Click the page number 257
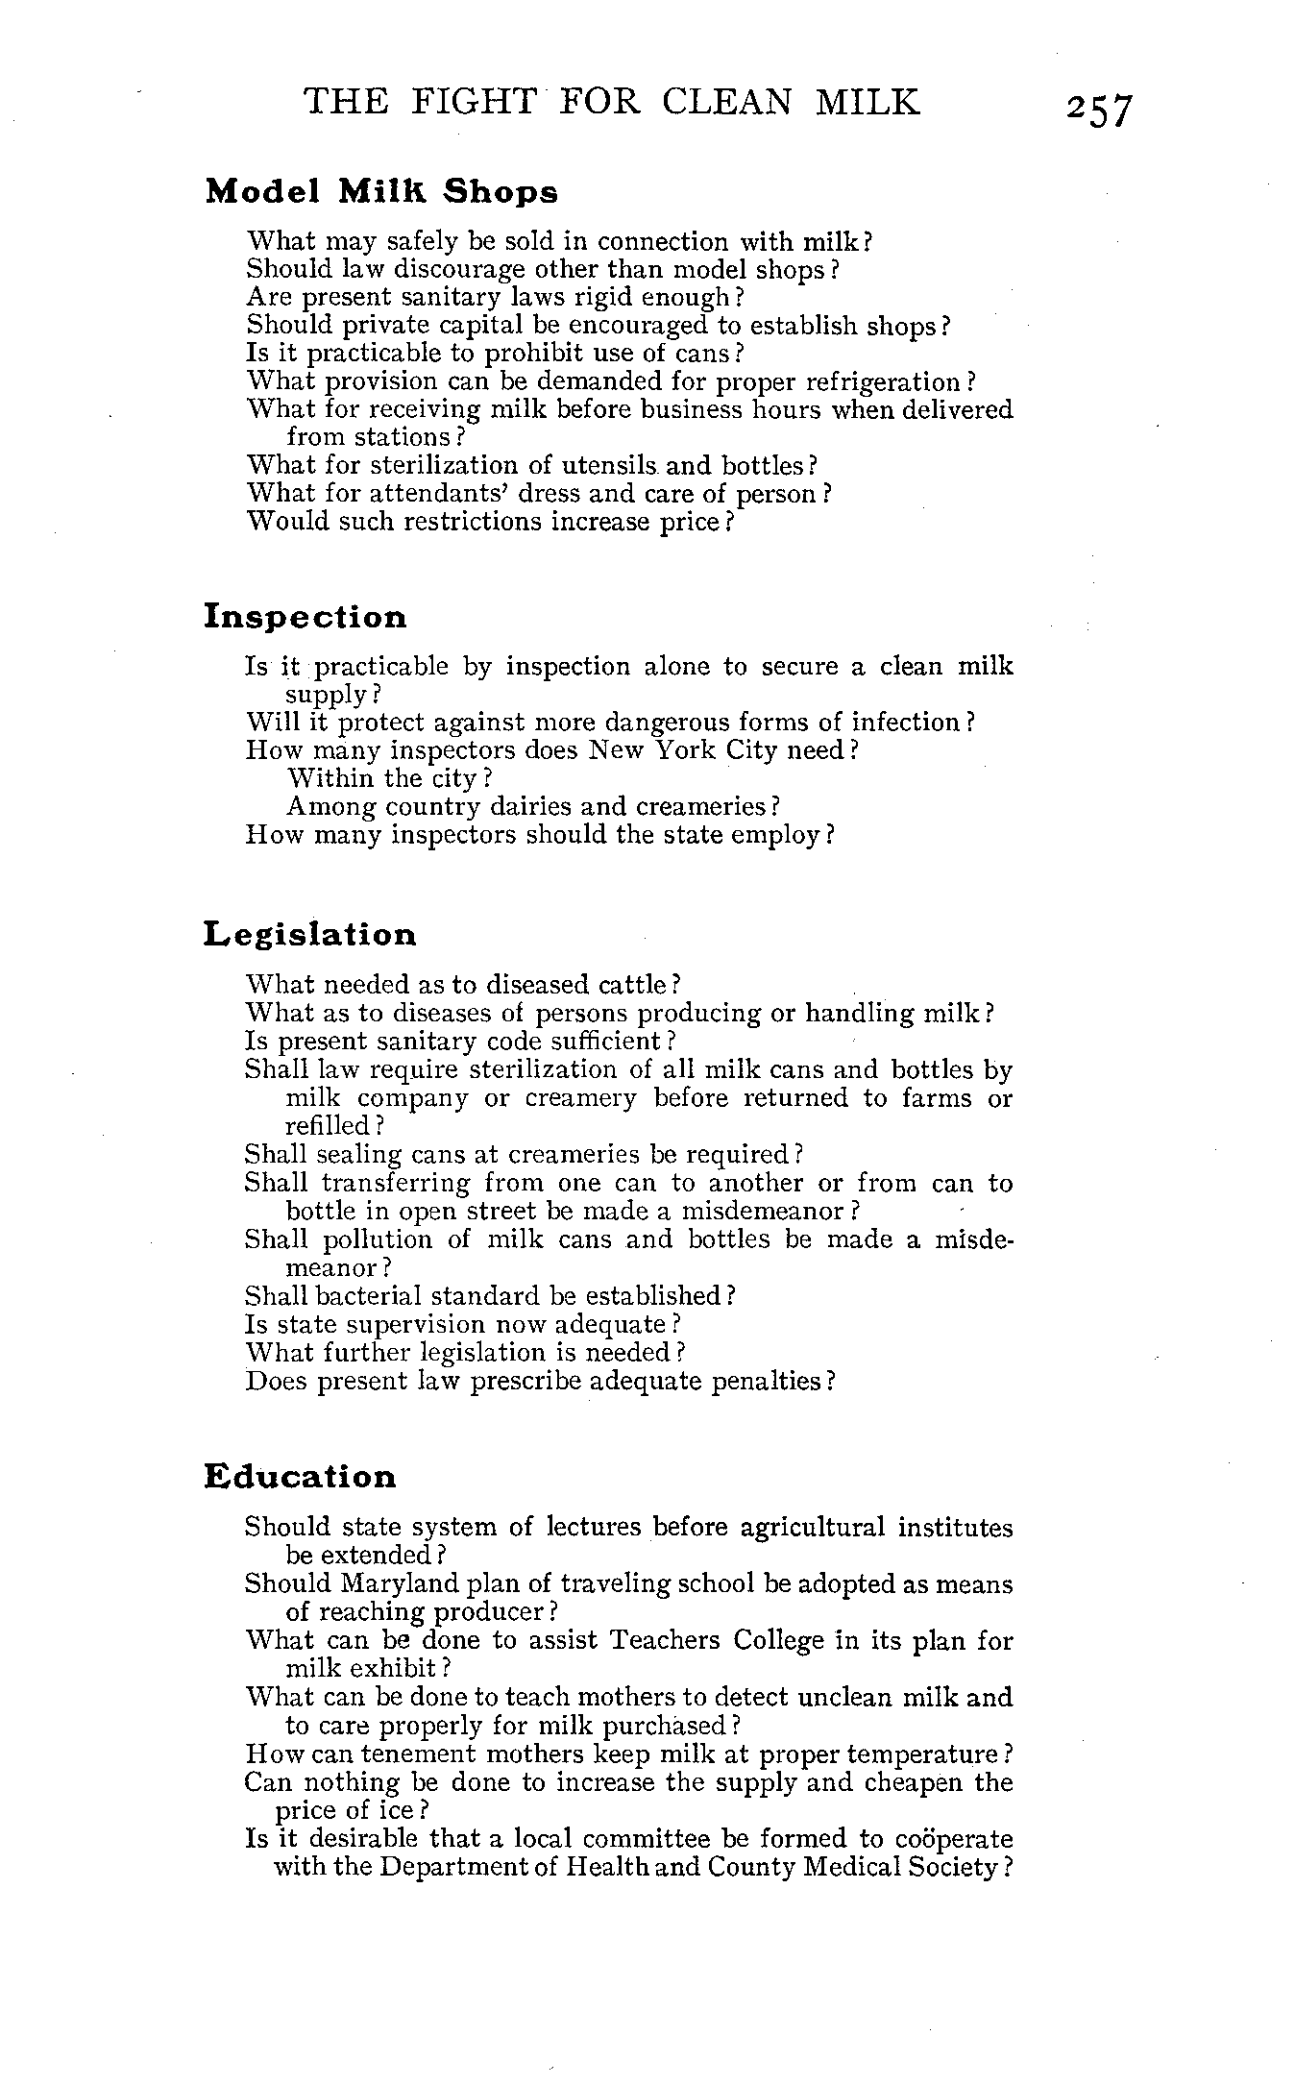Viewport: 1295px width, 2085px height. pyautogui.click(x=1099, y=110)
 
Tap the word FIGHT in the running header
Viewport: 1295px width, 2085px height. pyautogui.click(x=471, y=101)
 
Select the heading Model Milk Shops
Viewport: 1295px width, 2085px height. pyautogui.click(x=381, y=191)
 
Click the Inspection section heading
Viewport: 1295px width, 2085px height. pyautogui.click(x=305, y=617)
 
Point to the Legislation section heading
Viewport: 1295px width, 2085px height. pyautogui.click(x=311, y=934)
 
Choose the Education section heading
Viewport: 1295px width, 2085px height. pyautogui.click(x=301, y=1477)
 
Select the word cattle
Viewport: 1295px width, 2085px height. pyautogui.click(x=632, y=985)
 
